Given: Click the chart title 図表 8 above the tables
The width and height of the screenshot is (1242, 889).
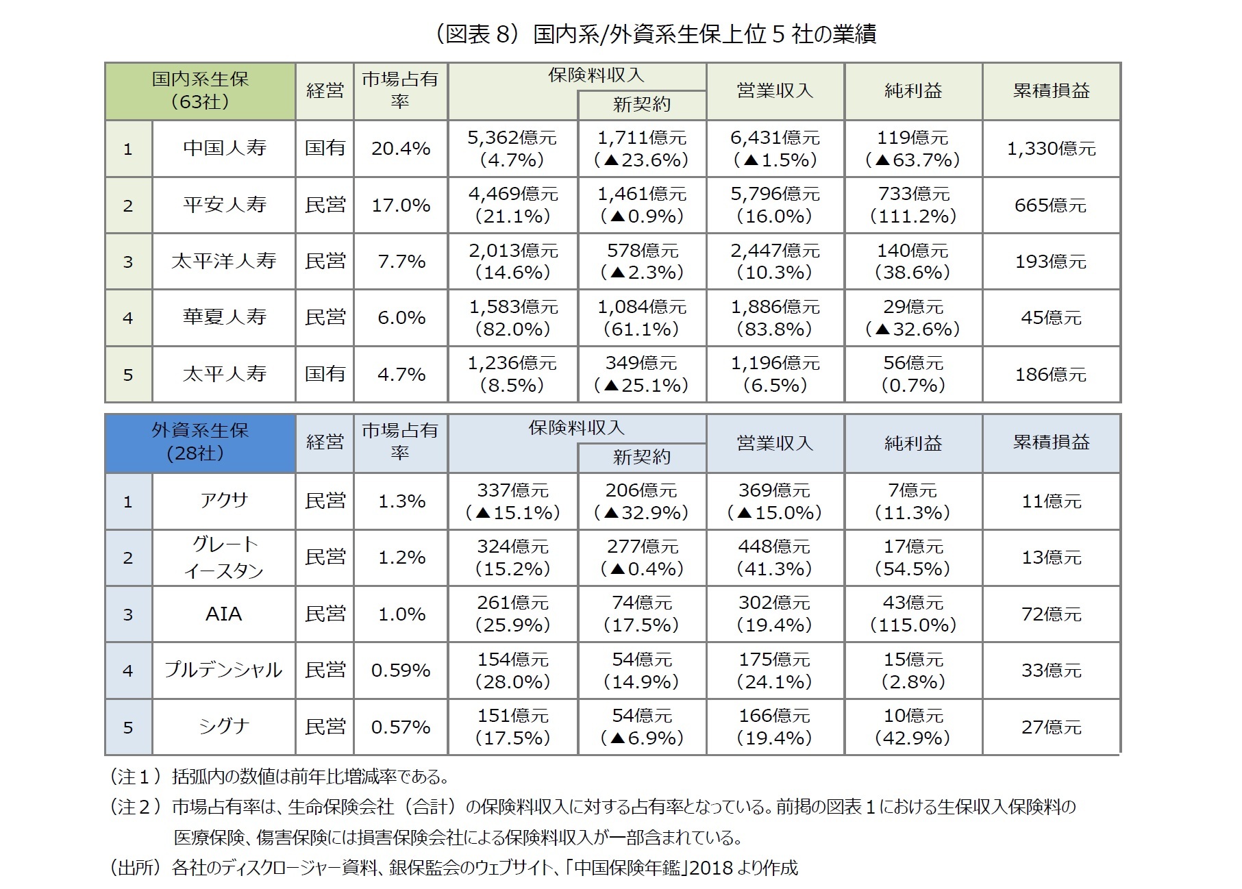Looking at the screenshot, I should pos(656,34).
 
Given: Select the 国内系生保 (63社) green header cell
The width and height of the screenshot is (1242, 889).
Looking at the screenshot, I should pos(200,90).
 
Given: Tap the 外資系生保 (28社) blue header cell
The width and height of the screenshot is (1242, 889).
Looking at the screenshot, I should pos(200,442).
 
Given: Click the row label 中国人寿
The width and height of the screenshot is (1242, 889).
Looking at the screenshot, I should pos(224,149).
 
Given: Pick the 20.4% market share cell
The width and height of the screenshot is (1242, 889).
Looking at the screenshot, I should pos(401,149).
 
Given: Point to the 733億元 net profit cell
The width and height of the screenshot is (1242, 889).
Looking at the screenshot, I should pos(913,205).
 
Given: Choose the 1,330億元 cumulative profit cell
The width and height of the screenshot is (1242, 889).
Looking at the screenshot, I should pos(1051,149).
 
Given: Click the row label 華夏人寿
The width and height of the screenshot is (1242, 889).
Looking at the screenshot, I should pos(224,317).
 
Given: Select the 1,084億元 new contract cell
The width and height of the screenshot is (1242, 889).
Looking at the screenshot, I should pos(642,317).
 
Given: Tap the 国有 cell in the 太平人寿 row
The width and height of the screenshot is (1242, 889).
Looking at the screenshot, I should pos(325,374).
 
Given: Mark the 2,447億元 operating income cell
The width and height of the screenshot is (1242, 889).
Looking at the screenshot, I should pos(775,261).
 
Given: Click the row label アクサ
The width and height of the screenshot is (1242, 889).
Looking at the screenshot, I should pos(224,501).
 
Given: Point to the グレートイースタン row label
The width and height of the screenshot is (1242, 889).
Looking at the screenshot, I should pos(224,557).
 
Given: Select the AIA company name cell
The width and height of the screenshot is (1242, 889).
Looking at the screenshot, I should pos(224,614).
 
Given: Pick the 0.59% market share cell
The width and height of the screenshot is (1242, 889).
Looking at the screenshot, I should pos(401,670).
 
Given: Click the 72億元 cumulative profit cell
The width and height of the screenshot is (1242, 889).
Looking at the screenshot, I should pos(1051,614).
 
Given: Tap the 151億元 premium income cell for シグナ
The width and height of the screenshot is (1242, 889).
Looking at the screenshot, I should pos(512,726).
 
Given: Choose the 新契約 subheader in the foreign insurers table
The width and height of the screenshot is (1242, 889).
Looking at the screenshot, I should pos(642,457).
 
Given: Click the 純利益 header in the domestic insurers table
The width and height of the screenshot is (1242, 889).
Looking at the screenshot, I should pos(913,90).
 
